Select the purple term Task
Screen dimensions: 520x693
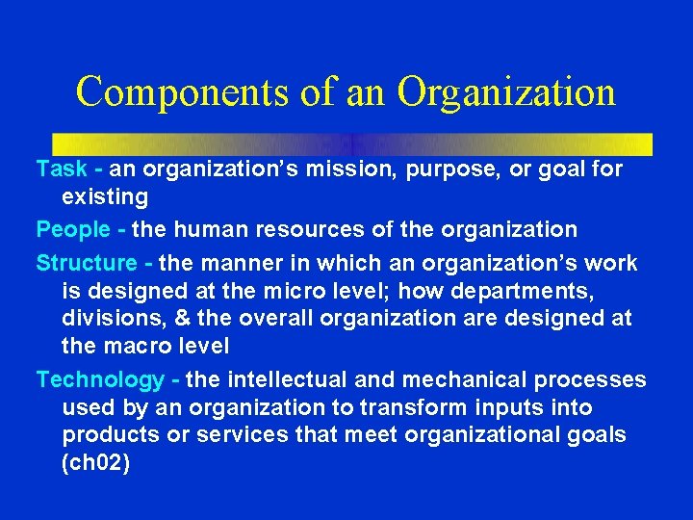[63, 170]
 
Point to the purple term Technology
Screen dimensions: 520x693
[100, 380]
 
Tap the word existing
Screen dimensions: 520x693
[105, 198]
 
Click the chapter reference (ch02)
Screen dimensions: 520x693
[95, 463]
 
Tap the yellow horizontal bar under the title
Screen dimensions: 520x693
[352, 143]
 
